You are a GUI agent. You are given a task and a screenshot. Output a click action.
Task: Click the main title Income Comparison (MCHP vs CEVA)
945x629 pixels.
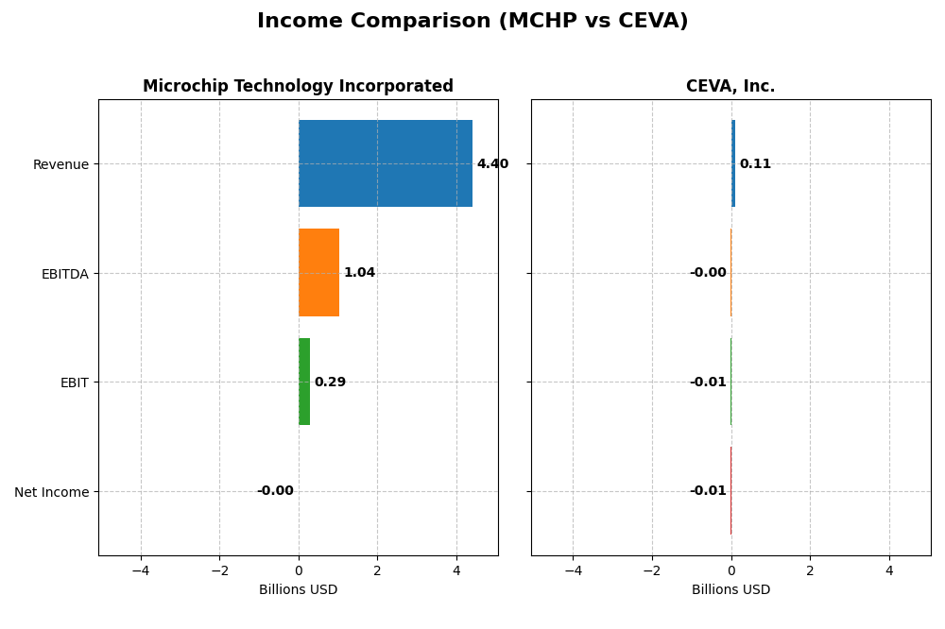pos(472,22)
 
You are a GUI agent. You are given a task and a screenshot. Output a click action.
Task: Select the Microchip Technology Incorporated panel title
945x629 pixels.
pos(298,87)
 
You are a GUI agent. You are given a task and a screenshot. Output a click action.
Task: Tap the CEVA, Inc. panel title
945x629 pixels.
pos(730,87)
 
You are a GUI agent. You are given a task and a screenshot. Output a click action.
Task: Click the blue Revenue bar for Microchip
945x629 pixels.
pos(386,163)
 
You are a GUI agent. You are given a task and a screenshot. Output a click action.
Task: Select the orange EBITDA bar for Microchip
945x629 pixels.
pos(318,272)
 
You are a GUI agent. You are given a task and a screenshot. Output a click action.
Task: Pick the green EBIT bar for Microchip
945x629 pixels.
pos(304,382)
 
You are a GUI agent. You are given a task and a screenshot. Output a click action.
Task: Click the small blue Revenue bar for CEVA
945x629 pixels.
pos(733,163)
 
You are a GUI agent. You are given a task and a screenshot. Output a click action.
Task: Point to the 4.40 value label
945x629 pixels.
pos(492,164)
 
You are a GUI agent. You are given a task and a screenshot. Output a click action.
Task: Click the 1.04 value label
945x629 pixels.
pos(359,273)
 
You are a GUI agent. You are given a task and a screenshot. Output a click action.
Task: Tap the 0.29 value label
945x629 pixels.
pos(330,382)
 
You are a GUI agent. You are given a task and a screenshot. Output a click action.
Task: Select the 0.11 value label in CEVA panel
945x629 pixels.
pos(755,164)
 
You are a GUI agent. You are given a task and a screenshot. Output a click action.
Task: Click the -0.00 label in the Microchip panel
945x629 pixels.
pos(275,491)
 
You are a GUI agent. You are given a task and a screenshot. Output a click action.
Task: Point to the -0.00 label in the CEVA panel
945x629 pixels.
pos(708,273)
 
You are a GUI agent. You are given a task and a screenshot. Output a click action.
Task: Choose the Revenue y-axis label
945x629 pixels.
pos(60,165)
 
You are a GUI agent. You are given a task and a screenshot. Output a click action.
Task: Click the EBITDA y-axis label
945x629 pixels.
pos(64,274)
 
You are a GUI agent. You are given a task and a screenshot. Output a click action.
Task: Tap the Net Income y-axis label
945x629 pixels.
pos(52,492)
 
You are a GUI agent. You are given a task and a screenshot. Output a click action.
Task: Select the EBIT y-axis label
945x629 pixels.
pos(74,383)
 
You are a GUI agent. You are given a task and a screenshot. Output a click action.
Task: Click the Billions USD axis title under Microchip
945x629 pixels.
pos(298,590)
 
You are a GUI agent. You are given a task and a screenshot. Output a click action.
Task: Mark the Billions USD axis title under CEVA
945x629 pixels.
pos(730,590)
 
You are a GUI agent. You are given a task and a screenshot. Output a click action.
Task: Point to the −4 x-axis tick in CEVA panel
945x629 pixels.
pos(573,571)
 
